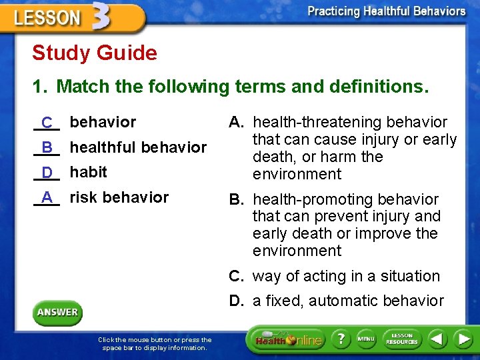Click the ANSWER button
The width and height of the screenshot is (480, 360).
57,312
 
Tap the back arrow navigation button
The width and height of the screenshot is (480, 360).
437,340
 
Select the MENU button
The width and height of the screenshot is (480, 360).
366,340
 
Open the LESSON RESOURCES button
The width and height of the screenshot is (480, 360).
402,340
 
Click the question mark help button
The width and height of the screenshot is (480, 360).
341,340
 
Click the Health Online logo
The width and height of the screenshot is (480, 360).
289,340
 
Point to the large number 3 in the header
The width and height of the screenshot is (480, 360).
99,17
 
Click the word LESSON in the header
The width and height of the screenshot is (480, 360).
47,18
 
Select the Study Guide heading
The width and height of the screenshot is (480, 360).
95,53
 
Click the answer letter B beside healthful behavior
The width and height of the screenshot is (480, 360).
47,147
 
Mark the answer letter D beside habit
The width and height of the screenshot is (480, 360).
47,173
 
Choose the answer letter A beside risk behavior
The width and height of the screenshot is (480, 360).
47,197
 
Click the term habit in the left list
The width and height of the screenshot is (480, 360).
88,172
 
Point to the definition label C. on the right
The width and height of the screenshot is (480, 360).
237,276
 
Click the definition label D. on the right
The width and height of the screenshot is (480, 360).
237,301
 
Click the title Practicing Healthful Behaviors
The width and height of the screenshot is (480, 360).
387,11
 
